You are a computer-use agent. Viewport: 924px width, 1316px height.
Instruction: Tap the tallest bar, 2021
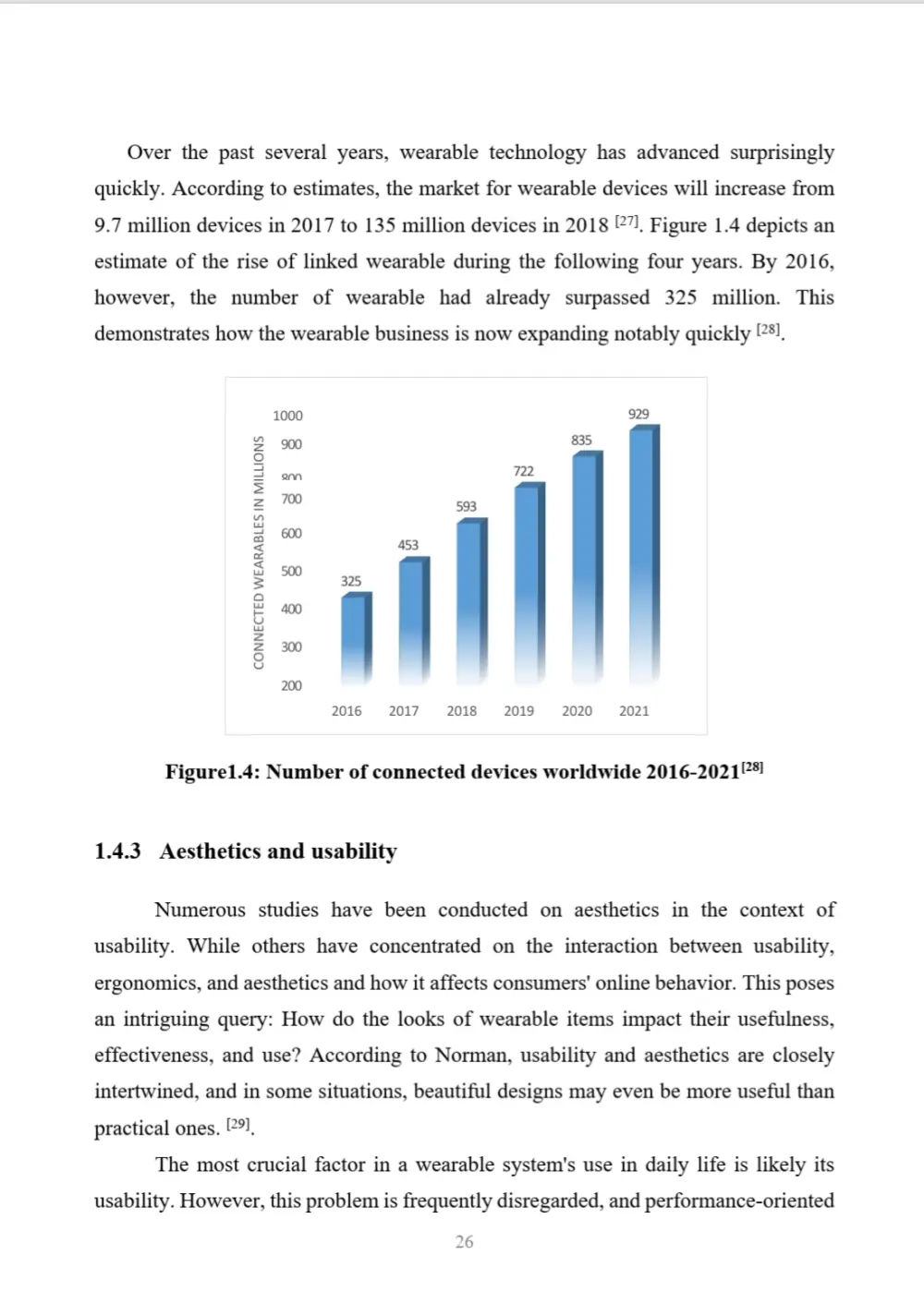644,554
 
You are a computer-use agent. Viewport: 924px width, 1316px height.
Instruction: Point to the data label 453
407,545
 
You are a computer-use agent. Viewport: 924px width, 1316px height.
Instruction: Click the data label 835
581,441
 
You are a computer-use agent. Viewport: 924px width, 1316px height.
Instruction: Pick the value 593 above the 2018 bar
466,506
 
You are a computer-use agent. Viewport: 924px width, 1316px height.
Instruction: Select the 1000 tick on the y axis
287,416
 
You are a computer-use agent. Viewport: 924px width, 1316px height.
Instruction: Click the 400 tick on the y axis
291,609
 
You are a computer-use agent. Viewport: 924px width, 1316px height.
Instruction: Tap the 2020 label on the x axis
577,711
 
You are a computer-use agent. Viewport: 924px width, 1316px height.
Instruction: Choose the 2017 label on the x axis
404,711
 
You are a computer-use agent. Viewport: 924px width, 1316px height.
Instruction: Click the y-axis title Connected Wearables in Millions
259,552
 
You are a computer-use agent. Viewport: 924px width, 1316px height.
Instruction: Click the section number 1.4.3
117,851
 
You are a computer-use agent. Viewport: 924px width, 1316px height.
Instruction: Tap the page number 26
464,1242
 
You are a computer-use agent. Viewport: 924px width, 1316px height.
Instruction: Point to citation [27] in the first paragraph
626,222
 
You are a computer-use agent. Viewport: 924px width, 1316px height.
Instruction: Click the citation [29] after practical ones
238,1124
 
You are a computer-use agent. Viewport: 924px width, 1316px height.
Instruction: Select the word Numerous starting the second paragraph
200,910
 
